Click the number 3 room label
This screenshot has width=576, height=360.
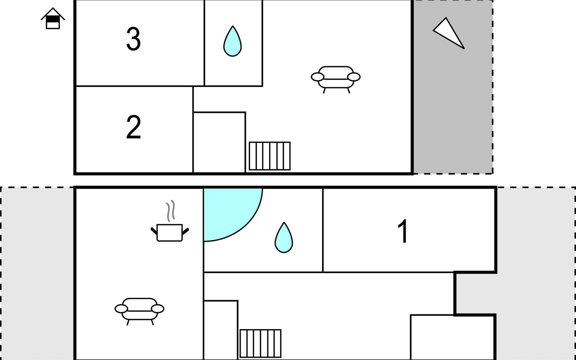(x=133, y=39)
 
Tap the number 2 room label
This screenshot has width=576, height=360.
(x=133, y=127)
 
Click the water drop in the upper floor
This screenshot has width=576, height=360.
(x=232, y=41)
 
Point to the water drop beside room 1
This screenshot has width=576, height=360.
(x=284, y=237)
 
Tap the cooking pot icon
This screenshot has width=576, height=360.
(x=170, y=233)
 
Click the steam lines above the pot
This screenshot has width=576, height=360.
(x=170, y=211)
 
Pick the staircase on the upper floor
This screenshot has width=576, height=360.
(x=270, y=156)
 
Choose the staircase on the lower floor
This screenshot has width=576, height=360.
(x=260, y=343)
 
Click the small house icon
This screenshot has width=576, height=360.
(x=53, y=18)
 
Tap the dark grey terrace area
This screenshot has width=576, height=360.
(x=453, y=87)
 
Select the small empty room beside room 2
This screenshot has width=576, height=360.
(x=219, y=142)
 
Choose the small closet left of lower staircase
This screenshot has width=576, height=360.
(x=221, y=330)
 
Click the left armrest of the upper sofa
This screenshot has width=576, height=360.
(x=317, y=77)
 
